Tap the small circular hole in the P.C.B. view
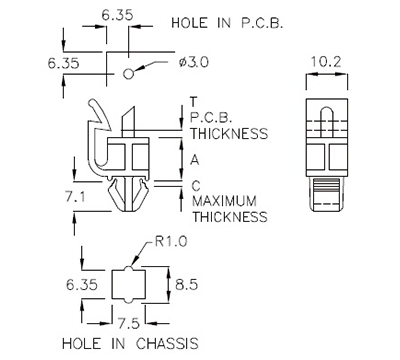tap(127, 73)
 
